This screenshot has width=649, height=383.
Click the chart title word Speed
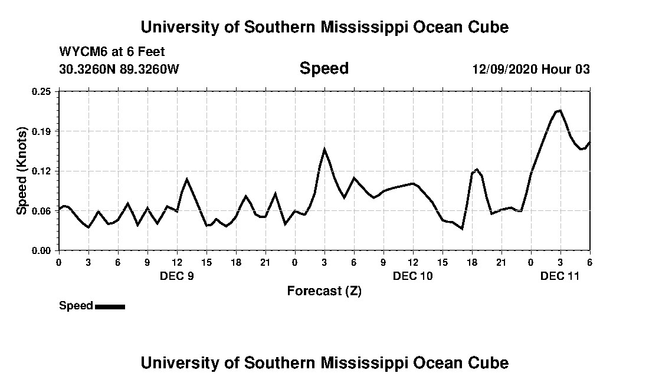[x=324, y=69]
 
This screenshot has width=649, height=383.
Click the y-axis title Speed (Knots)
[x=22, y=171]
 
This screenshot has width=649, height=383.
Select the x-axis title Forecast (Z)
[x=324, y=290]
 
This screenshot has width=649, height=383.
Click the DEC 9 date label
[x=177, y=276]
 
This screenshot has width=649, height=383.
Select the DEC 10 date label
[x=413, y=276]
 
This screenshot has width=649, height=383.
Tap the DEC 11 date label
[x=560, y=276]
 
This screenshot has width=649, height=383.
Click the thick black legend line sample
[x=110, y=306]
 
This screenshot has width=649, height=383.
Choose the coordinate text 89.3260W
[x=149, y=69]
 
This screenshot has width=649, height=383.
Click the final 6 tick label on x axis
[x=589, y=262]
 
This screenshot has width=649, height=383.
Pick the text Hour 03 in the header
[x=566, y=69]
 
